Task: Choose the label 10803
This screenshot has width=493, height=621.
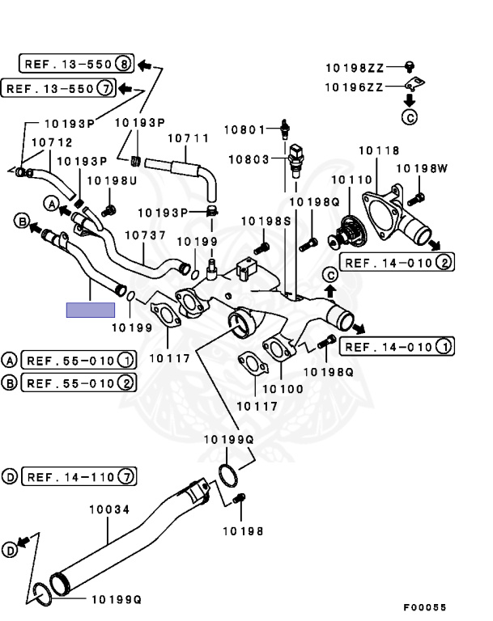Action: [x=247, y=159]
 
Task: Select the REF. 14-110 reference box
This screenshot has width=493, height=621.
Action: [x=79, y=476]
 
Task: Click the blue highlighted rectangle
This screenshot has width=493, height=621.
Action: [x=91, y=309]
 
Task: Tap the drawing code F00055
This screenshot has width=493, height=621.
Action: [x=424, y=606]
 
